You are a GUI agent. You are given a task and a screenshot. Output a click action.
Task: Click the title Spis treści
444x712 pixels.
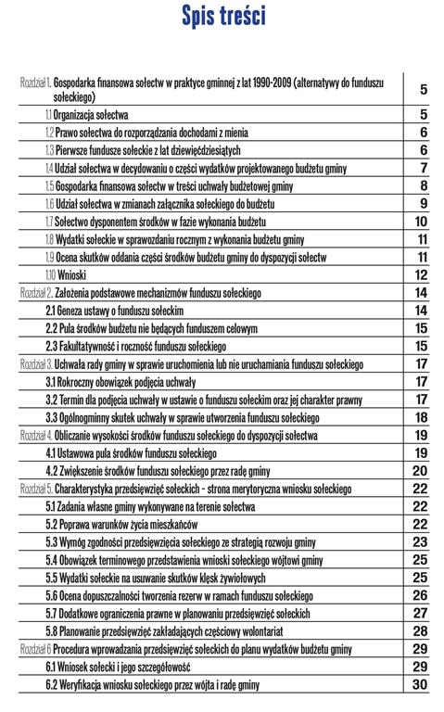point(223,18)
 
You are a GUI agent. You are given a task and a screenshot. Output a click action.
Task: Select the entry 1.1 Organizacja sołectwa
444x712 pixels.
point(87,115)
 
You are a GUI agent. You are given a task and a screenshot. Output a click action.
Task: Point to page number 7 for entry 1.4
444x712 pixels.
point(423,168)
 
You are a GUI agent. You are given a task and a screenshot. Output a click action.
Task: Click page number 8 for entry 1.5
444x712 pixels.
point(423,186)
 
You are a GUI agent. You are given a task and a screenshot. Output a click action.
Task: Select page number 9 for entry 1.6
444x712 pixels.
point(423,204)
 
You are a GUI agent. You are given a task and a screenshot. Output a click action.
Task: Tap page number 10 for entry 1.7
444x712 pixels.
point(421,222)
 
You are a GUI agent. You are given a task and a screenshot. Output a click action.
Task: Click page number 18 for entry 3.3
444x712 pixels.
point(421,416)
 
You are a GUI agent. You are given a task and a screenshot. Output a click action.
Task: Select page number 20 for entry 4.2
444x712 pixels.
point(421,470)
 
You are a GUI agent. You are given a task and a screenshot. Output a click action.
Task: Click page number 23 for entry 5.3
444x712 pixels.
point(421,541)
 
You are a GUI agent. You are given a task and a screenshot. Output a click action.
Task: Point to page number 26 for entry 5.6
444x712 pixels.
point(421,595)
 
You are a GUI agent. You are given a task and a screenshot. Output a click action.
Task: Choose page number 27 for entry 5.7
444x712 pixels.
point(421,613)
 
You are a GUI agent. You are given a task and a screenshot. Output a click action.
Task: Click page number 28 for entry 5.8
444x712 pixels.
point(421,630)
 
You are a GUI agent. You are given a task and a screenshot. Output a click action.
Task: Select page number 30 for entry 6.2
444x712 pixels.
point(421,684)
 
